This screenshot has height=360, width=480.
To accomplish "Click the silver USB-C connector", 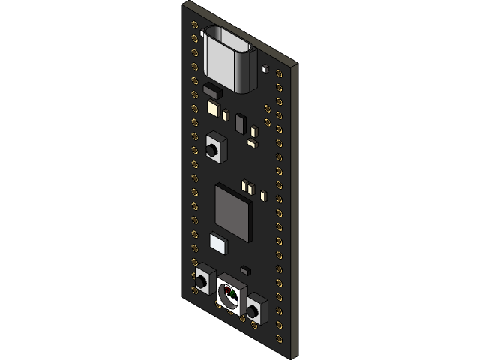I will tap(229, 58).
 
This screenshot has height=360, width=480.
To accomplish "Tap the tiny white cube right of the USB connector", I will tap(263, 68).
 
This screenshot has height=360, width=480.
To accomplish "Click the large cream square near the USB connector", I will tap(212, 108).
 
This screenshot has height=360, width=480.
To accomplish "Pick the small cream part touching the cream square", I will tap(224, 115).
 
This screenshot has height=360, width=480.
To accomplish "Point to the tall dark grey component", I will tap(240, 124).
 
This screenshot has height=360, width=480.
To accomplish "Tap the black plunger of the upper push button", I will tap(214, 149).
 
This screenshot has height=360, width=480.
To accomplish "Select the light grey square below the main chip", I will tap(217, 241).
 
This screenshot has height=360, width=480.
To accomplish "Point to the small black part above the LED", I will tap(244, 268).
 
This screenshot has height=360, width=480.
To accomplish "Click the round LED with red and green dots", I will tap(231, 296).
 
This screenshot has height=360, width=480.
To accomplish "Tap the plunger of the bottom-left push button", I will tap(202, 282).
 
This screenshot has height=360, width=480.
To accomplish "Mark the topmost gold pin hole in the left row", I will tap(196, 27).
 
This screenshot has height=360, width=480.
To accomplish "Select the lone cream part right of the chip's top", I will tap(263, 196).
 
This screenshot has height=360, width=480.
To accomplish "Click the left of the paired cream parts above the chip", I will tap(244, 184).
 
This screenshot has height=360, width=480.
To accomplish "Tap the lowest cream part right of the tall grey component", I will tap(253, 140).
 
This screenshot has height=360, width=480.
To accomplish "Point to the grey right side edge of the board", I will tap(296, 210).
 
